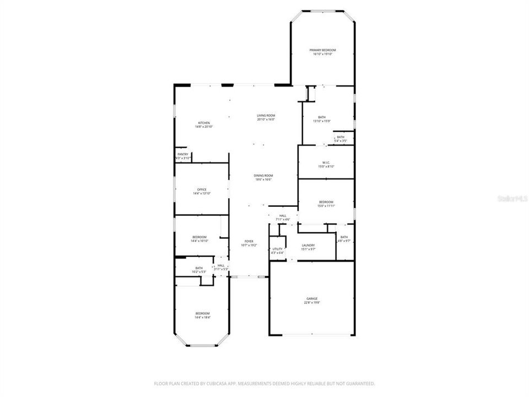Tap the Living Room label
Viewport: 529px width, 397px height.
click(266, 117)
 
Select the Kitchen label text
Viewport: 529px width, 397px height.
click(204, 125)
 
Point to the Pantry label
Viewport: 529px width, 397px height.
click(182, 156)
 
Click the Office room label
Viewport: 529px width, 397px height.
click(202, 191)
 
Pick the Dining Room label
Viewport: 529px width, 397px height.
click(264, 177)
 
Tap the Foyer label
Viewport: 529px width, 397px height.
click(249, 243)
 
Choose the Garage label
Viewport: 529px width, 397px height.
click(312, 301)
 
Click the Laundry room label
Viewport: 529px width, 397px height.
click(308, 246)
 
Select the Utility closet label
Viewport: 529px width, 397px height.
click(277, 250)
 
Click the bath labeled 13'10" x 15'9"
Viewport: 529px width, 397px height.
click(321, 119)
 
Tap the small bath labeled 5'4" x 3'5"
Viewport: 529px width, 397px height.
click(341, 138)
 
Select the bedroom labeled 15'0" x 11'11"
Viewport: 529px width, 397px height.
click(326, 204)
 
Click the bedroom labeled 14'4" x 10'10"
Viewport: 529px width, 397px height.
click(199, 239)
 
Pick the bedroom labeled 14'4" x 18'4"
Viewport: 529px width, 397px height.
click(202, 315)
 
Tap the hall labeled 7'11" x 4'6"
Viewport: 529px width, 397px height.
click(283, 217)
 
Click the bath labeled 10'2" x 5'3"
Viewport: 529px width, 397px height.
click(198, 270)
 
